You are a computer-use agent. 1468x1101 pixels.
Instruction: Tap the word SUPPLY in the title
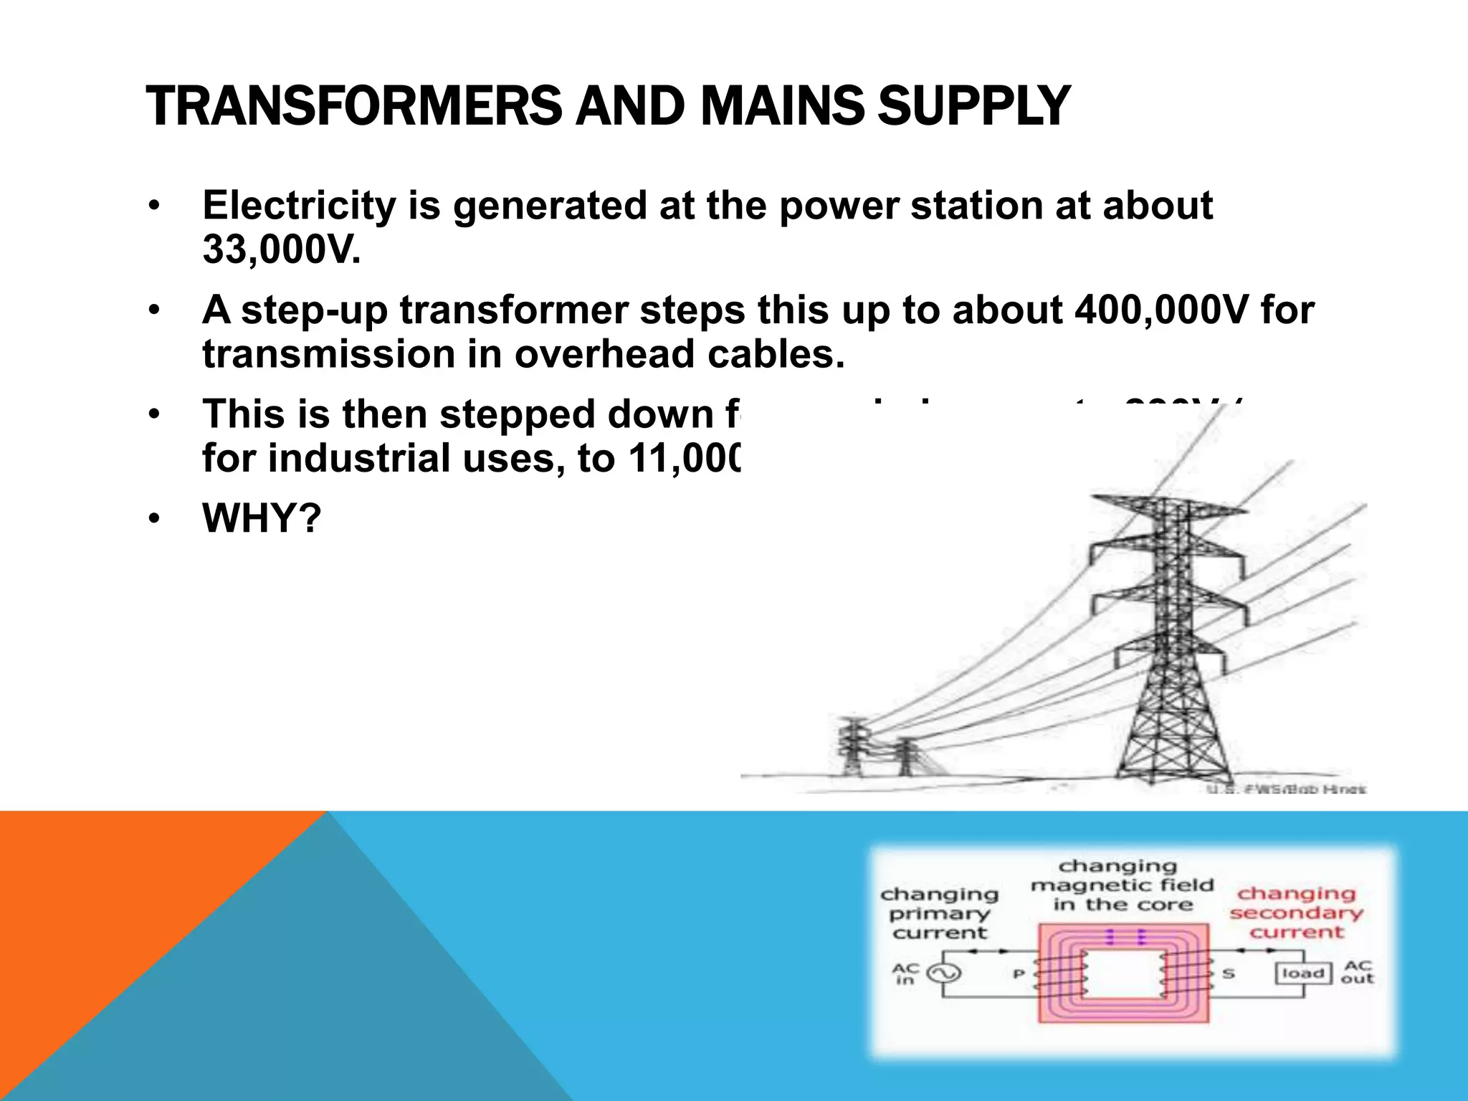pos(973,106)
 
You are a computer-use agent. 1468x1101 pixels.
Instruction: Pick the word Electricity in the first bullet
pos(299,206)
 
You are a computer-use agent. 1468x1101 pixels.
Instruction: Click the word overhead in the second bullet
pos(604,354)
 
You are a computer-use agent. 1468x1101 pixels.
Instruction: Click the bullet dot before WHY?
pos(153,519)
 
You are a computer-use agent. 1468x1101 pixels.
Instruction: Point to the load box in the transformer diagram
pos(1302,973)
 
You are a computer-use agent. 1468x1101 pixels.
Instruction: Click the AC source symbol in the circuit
pos(943,973)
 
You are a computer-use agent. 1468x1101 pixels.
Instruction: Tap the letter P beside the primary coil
pos(1018,974)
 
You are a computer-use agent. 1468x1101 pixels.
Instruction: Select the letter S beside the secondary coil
pos(1228,974)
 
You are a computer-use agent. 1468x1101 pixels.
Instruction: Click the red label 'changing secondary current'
pos(1296,912)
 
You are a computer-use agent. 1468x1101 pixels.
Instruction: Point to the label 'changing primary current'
pos(940,913)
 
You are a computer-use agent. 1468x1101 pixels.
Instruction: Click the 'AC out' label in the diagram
pos(1357,972)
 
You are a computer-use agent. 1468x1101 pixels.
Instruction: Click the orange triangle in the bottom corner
pos(108,932)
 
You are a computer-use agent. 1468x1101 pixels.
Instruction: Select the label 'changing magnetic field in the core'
pos(1122,886)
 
